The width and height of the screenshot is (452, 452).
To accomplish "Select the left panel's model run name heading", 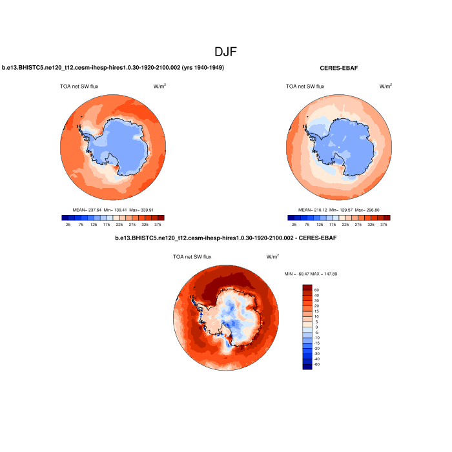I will click(x=113, y=68).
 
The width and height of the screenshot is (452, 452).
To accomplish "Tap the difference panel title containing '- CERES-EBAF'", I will click(x=225, y=238).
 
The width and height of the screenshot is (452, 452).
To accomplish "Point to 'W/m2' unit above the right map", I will click(x=385, y=85).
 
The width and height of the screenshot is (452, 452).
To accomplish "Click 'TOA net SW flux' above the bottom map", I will click(x=192, y=256).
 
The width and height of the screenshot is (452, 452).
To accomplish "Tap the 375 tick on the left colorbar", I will click(x=158, y=225).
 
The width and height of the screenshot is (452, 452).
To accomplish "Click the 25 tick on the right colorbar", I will click(x=294, y=225).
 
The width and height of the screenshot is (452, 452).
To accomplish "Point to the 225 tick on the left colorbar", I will click(x=119, y=225).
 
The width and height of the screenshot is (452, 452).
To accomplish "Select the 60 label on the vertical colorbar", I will click(x=316, y=290).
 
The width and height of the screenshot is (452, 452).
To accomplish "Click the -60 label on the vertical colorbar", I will click(x=316, y=365).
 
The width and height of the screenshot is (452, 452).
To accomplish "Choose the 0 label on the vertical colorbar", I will click(x=316, y=327).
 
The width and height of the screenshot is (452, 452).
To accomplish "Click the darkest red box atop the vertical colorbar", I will click(x=307, y=287).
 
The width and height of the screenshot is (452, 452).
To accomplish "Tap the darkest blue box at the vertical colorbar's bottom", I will click(x=307, y=367).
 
